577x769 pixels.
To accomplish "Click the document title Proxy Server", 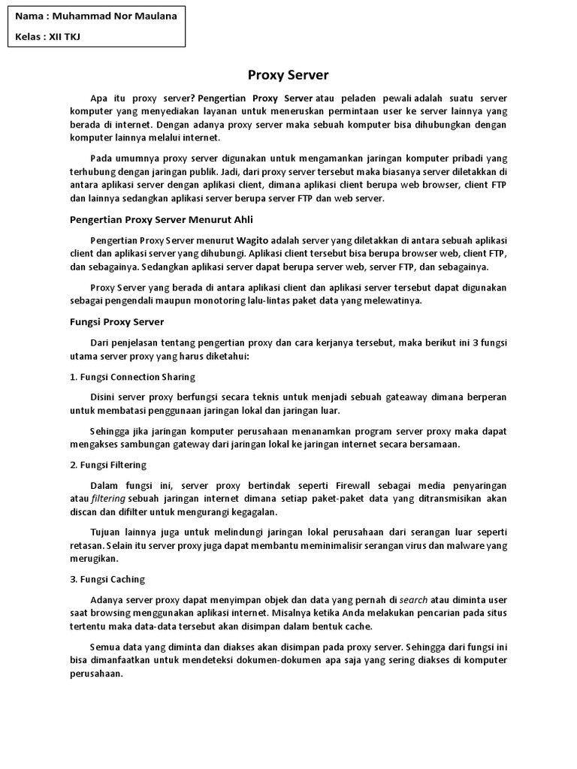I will coord(288,75).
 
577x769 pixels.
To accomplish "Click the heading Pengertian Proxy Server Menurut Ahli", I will coord(162,219).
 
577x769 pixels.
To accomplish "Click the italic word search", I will coord(413,599).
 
